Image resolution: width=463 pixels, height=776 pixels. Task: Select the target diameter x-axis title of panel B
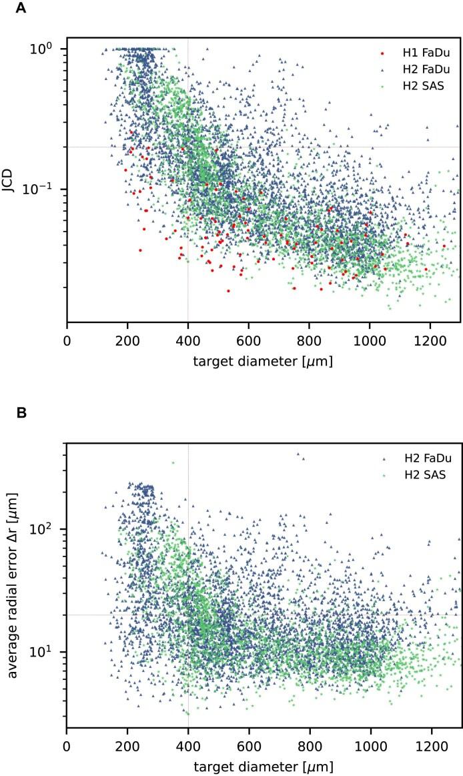(263, 766)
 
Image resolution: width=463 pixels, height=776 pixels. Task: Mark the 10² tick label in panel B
(48, 528)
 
